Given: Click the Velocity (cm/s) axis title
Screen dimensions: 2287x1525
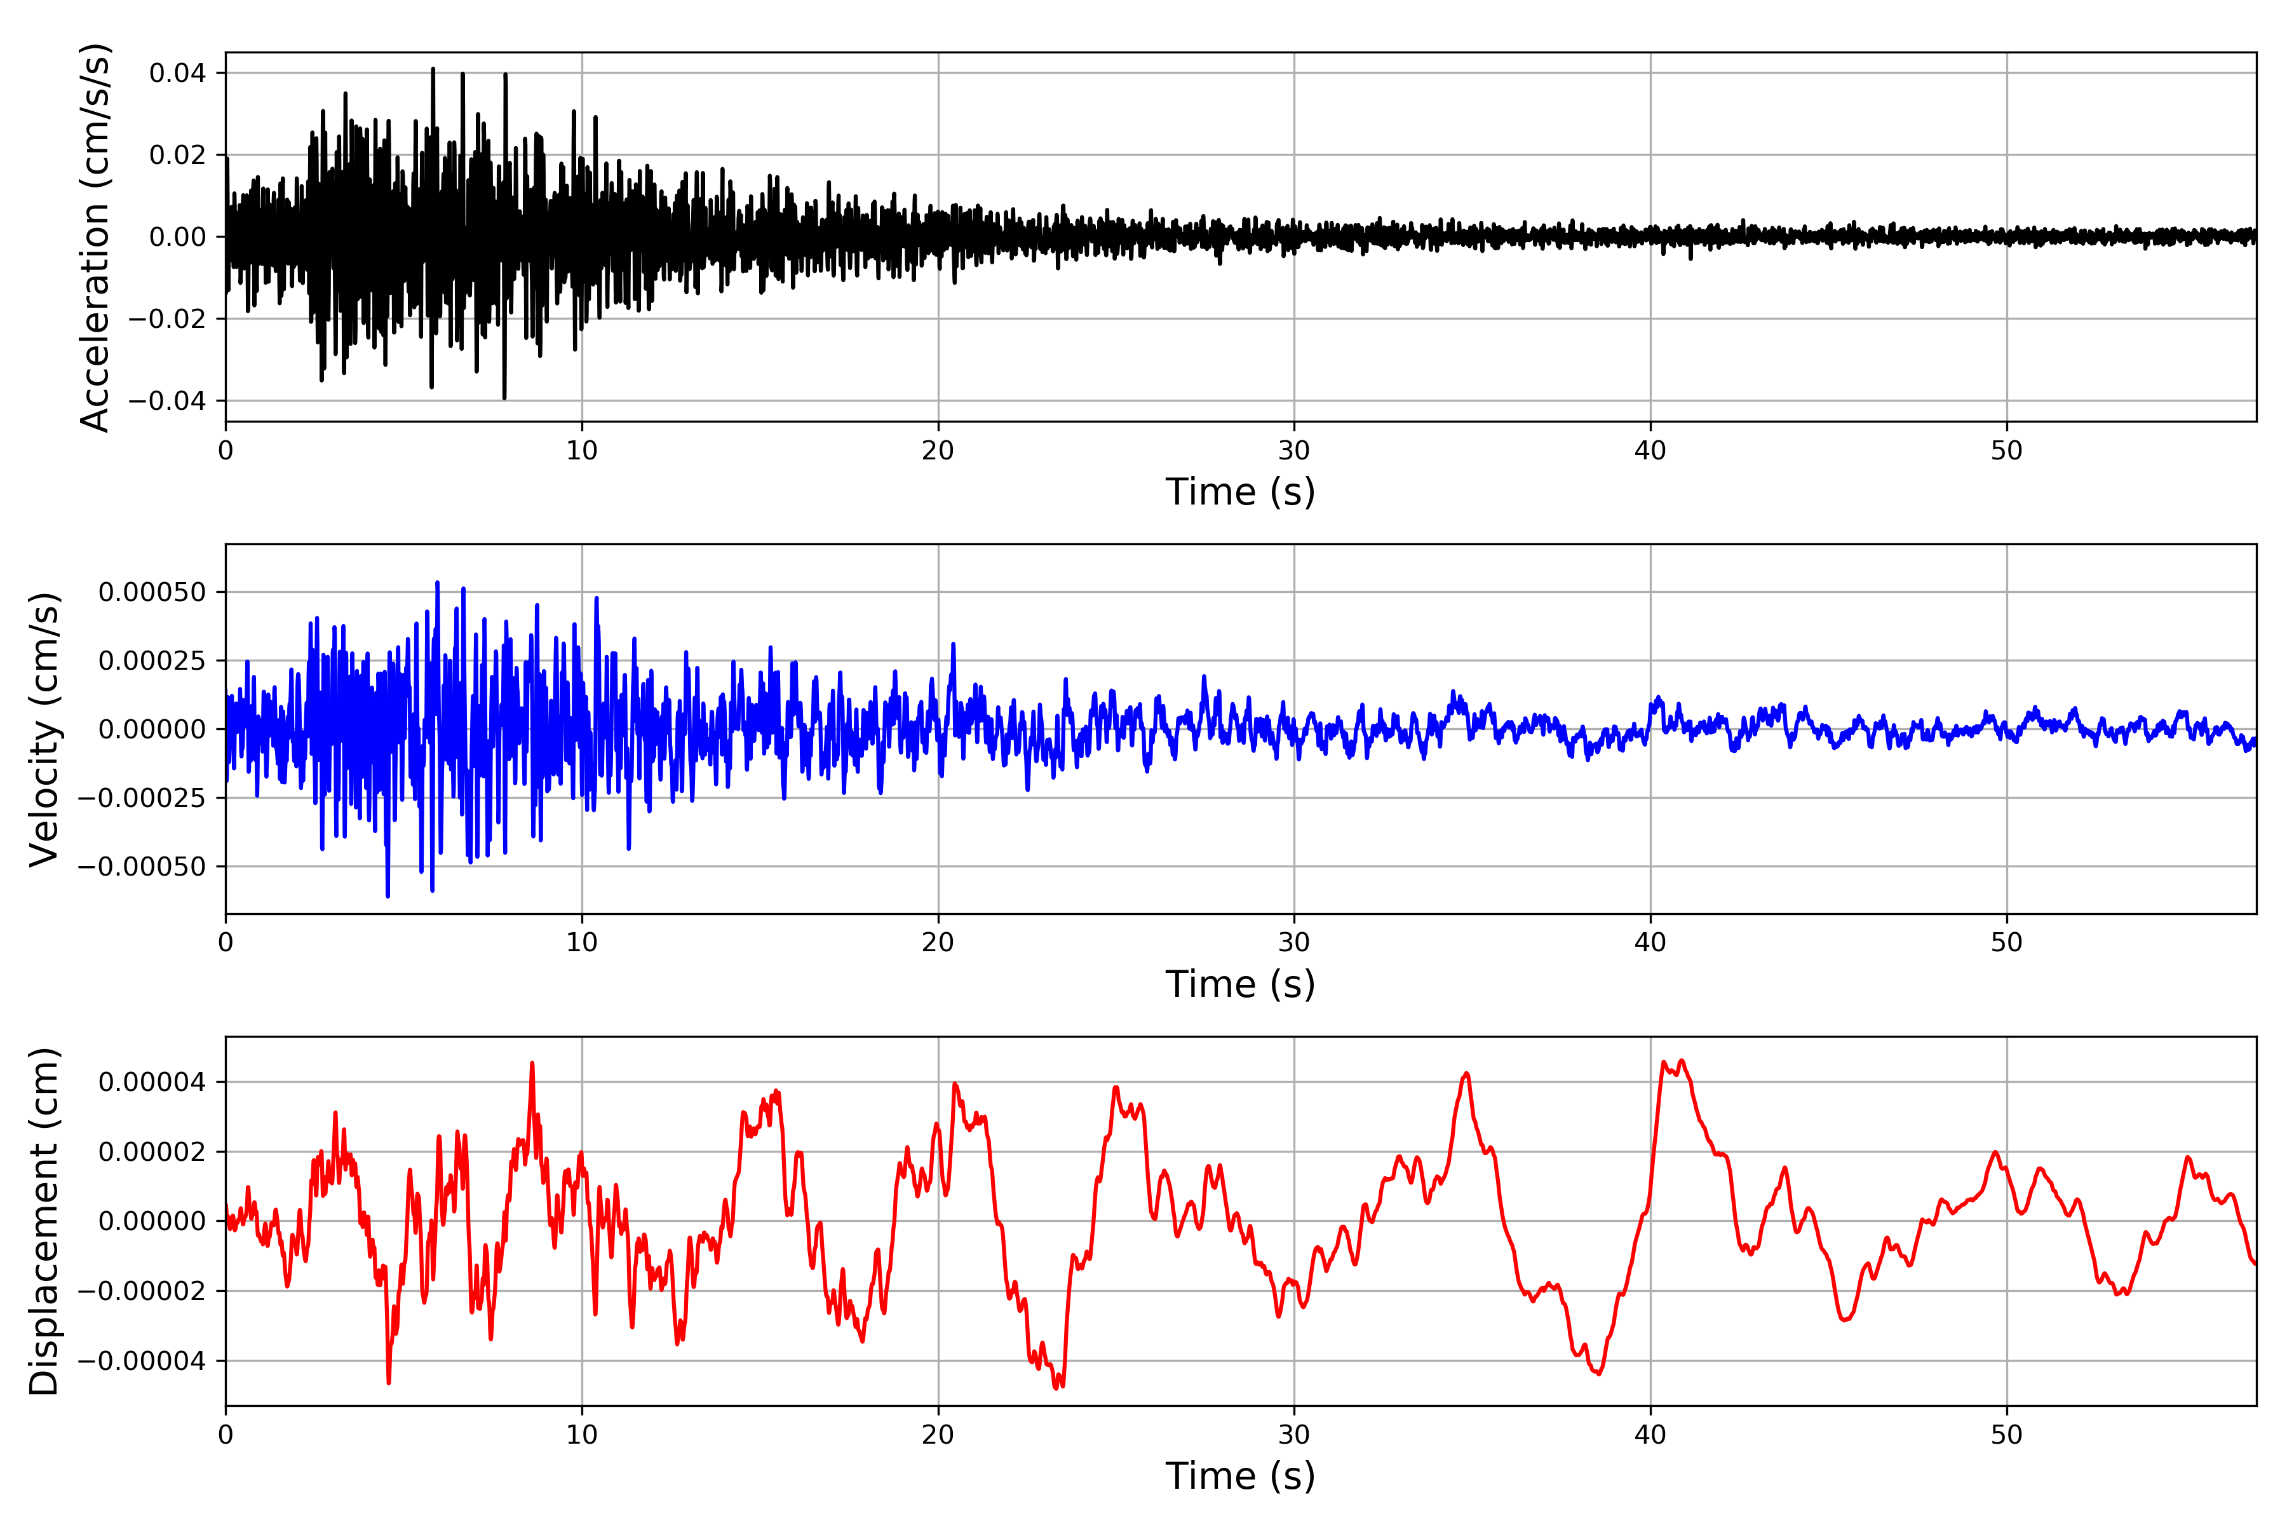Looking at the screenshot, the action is point(44,728).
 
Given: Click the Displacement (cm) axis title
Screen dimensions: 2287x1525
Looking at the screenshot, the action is point(44,1221).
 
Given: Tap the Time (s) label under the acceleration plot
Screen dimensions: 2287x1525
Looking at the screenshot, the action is point(1240,492).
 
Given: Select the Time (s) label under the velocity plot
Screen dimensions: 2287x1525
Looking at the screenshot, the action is point(1240,984).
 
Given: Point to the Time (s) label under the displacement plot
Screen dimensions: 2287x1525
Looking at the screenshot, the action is point(1240,1476).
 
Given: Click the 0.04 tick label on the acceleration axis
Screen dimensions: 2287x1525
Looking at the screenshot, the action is point(178,73).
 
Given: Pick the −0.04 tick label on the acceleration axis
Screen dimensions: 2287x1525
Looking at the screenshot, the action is point(167,401).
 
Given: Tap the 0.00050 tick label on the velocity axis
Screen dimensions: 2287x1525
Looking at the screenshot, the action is point(152,592).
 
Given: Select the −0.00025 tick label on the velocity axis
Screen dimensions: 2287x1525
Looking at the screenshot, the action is point(142,797).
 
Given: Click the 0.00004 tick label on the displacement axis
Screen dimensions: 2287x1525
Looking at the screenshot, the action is point(152,1081).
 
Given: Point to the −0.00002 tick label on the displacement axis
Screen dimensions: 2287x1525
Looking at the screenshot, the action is point(142,1291).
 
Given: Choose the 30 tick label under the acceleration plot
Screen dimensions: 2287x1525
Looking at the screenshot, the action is point(1294,451).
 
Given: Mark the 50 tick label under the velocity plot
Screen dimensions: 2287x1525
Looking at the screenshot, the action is point(2007,942).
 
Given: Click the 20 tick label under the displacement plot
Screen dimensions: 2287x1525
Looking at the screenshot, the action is point(938,1435).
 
